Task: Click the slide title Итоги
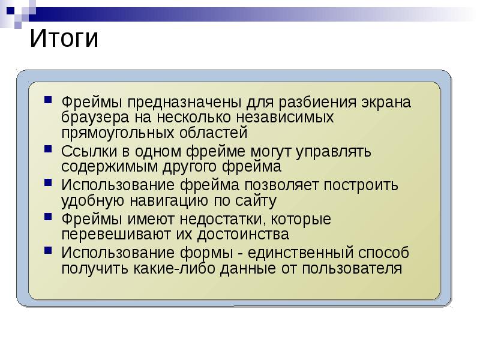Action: click(63, 39)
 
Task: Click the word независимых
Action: click(285, 117)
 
